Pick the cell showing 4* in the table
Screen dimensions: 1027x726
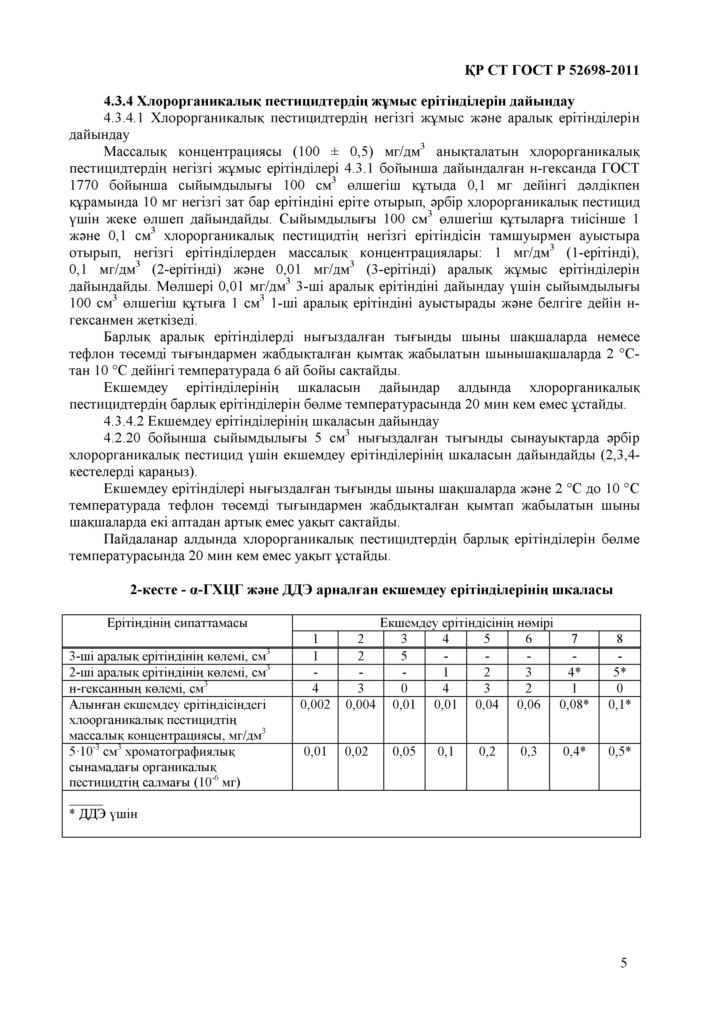point(574,672)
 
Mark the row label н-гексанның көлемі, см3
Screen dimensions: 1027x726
point(139,688)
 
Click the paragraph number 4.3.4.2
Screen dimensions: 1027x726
point(124,421)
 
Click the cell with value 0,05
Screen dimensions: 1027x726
point(404,752)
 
